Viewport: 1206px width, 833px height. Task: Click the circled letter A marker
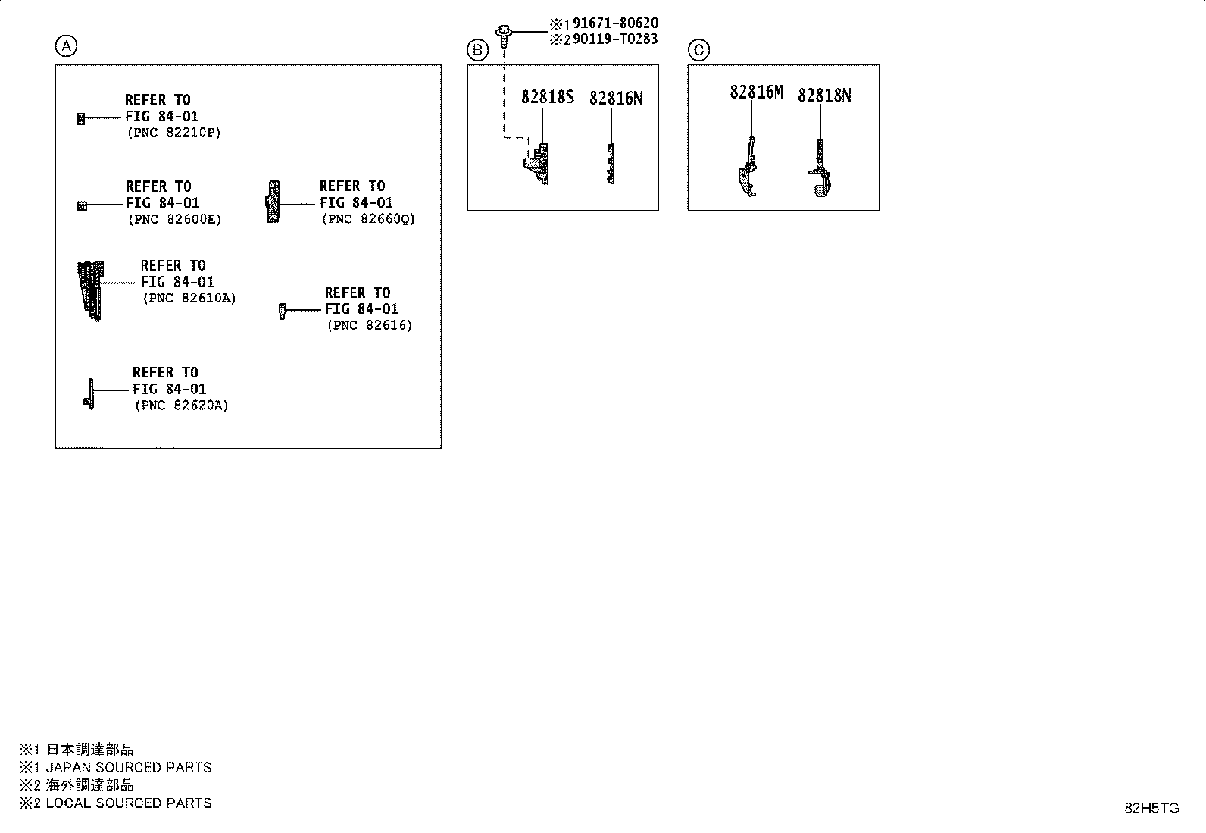(66, 45)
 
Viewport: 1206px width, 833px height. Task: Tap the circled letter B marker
(477, 50)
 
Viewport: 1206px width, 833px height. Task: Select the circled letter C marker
(699, 50)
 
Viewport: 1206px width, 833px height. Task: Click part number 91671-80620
(615, 23)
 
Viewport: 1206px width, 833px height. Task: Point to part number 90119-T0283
(615, 39)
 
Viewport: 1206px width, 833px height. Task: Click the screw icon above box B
(504, 36)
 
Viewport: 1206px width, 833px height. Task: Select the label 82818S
(548, 97)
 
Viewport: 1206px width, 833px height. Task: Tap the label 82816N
(616, 98)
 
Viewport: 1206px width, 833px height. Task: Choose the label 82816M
(756, 92)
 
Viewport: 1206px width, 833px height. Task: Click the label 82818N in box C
(824, 96)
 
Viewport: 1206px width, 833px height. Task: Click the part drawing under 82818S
(537, 164)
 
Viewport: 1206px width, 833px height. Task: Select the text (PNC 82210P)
(174, 133)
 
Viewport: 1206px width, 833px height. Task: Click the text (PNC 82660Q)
(369, 219)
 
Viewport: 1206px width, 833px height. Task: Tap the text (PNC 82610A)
(189, 298)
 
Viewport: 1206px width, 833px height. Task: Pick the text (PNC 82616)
(370, 325)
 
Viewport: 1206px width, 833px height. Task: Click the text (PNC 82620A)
(182, 406)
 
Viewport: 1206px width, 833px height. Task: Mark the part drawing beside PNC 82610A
(90, 291)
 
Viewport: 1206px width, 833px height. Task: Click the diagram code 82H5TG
(1151, 808)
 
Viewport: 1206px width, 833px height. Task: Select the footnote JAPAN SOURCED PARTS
(129, 767)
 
